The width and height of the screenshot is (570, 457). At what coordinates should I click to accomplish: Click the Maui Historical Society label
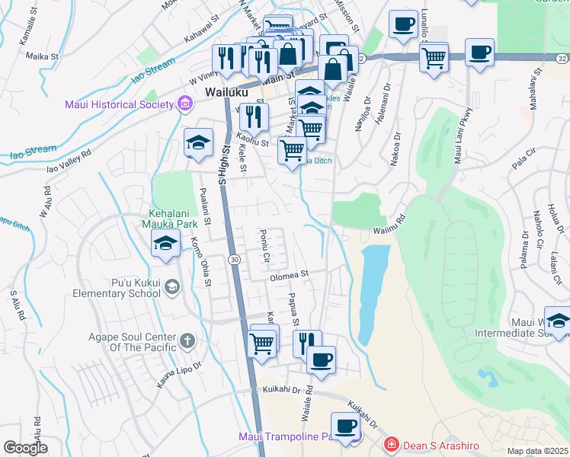118,104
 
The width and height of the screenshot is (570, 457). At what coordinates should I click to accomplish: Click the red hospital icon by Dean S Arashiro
390,443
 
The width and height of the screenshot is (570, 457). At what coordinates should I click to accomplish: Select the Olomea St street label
287,274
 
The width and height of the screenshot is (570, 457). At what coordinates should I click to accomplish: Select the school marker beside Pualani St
198,143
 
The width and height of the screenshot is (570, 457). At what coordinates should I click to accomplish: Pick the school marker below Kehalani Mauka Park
165,244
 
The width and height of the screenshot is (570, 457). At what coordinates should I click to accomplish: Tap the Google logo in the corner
26,448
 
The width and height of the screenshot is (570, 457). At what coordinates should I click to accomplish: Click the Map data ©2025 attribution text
537,451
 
